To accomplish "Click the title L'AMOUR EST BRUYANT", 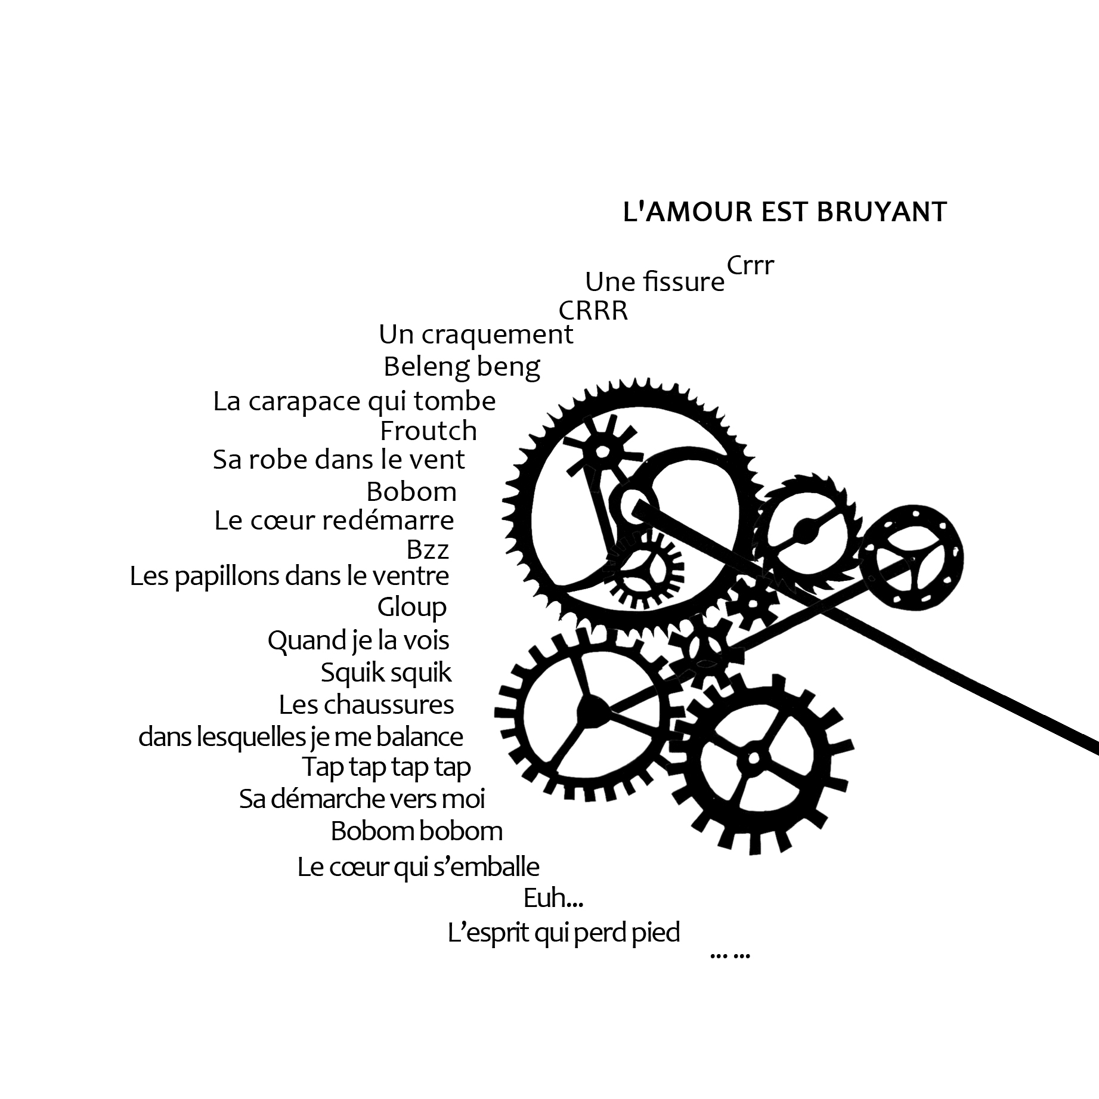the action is coord(785,212).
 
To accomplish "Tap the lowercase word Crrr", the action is coord(750,265).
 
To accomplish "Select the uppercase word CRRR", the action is coord(593,311).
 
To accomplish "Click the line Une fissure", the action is coord(655,281).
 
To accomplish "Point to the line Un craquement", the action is coord(476,335).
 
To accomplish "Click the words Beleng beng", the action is coord(462,367).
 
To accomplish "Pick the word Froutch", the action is coord(429,431).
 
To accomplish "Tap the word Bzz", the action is coord(428,550).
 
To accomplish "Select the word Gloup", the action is coord(412,608).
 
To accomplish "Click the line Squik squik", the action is coord(386,673).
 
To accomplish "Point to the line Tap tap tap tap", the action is coord(387,767).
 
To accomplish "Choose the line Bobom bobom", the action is coord(417,831).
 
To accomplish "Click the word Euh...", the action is coord(553,898).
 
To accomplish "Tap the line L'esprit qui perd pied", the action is coord(564,933).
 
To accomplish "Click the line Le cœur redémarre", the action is coord(334,521).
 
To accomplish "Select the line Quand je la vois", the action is coord(358,640).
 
